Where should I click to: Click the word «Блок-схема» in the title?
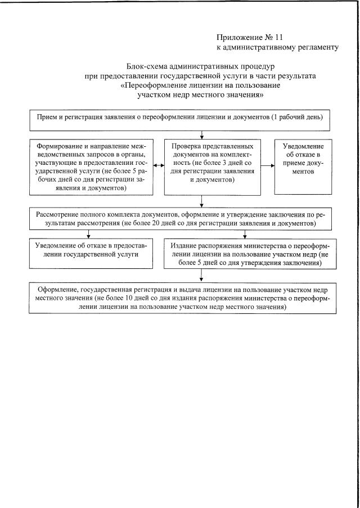(x=147, y=66)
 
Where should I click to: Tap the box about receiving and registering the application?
(x=179, y=119)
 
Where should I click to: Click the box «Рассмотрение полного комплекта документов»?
(x=179, y=219)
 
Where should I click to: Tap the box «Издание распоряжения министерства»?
(x=250, y=254)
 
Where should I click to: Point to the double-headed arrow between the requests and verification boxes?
(x=157, y=166)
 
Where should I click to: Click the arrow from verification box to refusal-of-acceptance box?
(x=268, y=166)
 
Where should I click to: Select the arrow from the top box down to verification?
(x=200, y=134)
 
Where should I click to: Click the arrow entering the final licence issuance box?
(x=200, y=276)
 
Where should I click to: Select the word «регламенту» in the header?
(x=318, y=47)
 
